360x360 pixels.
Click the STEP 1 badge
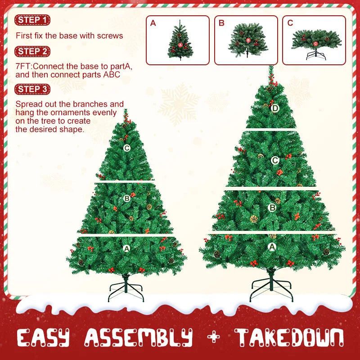(32, 20)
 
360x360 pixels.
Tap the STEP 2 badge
(32, 51)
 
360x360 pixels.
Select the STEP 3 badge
(32, 89)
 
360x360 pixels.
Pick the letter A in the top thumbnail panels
(153, 23)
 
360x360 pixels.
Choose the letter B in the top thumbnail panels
(221, 23)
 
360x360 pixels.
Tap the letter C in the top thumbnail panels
(290, 23)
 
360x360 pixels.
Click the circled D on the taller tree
(275, 108)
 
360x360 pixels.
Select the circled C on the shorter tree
(127, 148)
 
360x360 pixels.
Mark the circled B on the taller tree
(272, 207)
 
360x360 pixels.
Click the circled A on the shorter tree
(126, 248)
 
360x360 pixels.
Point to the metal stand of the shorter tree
(126, 290)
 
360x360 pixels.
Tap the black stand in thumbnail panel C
(315, 57)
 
